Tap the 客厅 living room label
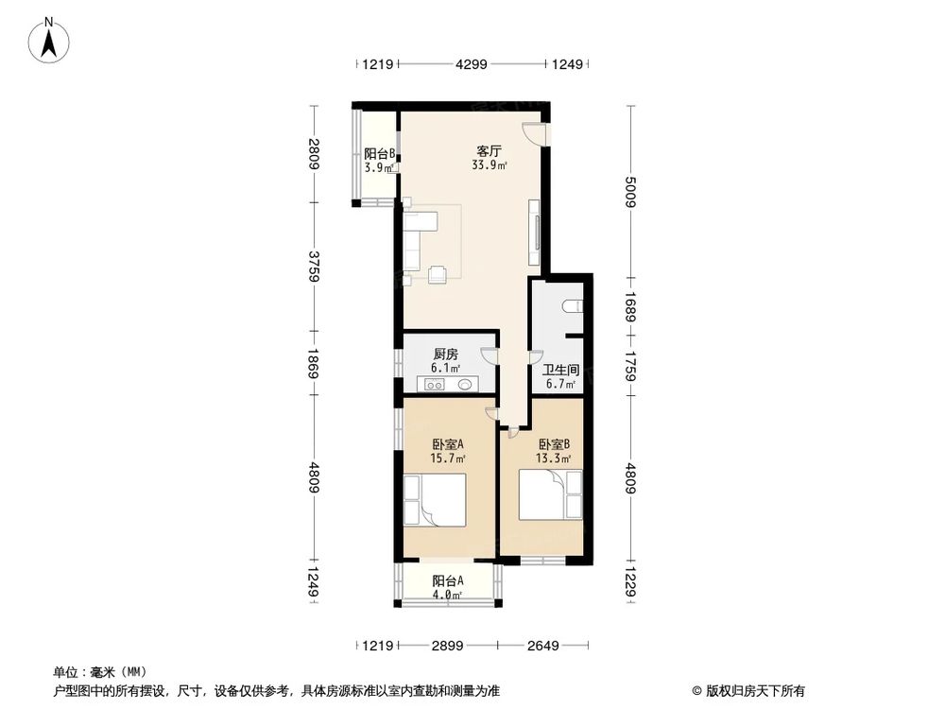click(488, 151)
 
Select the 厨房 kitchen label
click(446, 356)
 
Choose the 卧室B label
click(553, 443)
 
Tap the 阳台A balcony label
click(447, 581)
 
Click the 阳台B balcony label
click(379, 154)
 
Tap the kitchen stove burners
click(436, 385)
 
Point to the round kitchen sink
click(467, 385)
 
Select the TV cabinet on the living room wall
click(536, 233)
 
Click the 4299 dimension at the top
click(472, 64)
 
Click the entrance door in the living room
click(535, 134)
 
